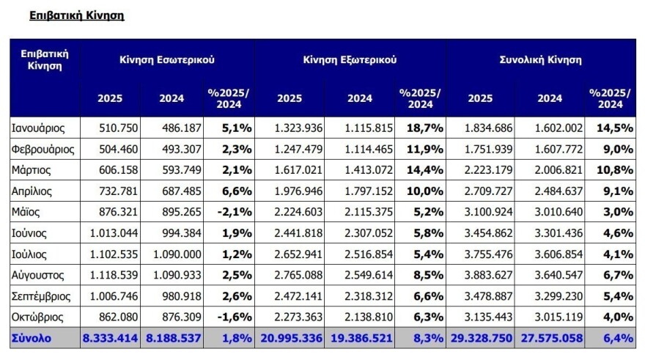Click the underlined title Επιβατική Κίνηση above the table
point(76,15)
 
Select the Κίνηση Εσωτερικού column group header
point(167,60)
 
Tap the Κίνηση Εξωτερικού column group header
point(350,60)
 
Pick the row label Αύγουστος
point(38,276)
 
